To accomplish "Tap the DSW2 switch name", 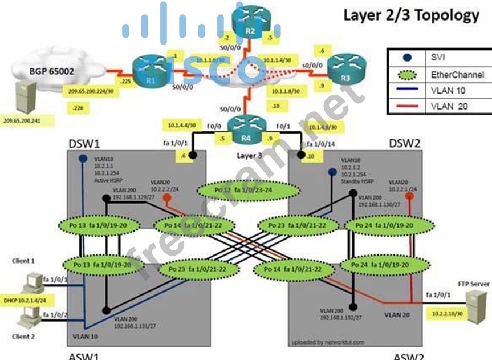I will point(405,143).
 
